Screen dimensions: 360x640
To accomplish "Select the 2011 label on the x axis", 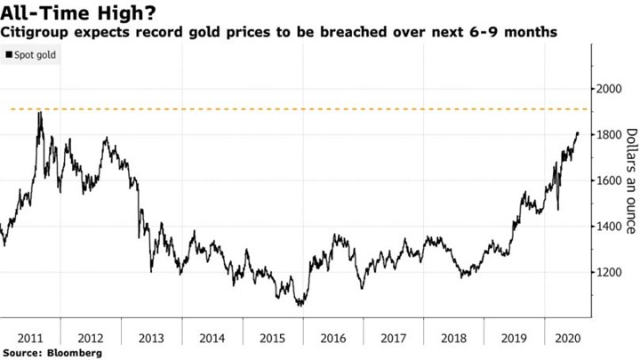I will (x=30, y=338).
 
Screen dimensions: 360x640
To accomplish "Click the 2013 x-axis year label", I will (x=152, y=338).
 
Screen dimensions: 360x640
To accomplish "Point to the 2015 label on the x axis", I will (x=273, y=338).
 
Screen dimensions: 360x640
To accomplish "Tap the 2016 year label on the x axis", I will (x=333, y=338).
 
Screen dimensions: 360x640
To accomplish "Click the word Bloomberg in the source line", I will (x=74, y=353).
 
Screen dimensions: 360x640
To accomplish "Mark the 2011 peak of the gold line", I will (x=39, y=113).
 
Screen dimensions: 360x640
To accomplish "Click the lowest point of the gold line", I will (x=300, y=305).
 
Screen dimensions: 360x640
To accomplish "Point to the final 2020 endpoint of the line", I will (x=578, y=133).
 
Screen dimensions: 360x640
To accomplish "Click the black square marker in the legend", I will (x=9, y=55).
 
